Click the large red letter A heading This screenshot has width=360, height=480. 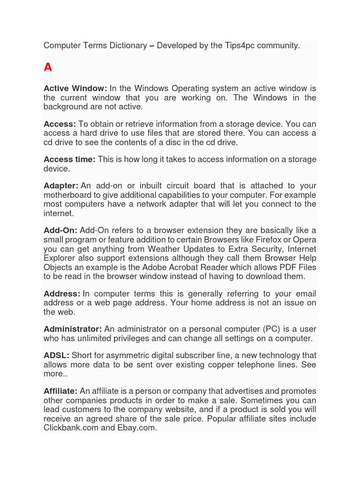point(48,67)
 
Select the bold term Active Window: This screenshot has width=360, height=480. point(75,89)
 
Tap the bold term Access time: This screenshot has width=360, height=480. point(69,159)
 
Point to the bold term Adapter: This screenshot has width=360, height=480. point(61,186)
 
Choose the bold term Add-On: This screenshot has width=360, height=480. point(60,231)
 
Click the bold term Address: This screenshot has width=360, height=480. point(62,294)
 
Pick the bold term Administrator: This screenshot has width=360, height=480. point(73,329)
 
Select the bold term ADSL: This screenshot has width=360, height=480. point(56,356)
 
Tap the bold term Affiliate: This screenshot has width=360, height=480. point(60,391)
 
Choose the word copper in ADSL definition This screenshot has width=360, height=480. point(216,365)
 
